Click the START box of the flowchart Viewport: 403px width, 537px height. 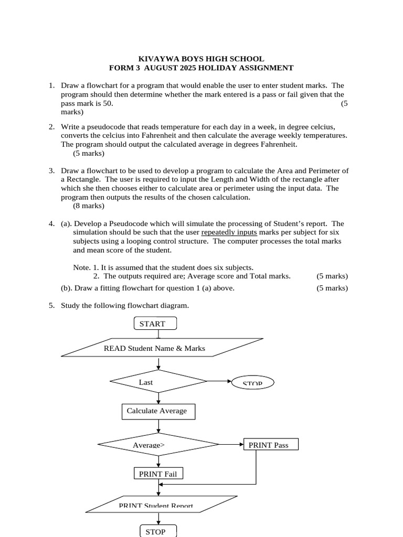[155, 324]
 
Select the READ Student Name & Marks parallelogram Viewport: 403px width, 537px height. [162, 348]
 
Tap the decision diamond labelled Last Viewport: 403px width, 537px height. [158, 382]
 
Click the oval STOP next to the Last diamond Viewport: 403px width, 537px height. [252, 383]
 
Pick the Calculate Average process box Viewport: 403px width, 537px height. [158, 411]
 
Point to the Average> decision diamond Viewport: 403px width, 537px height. [158, 445]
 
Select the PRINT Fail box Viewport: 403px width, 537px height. [158, 474]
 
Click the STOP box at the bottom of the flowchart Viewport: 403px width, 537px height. [158, 531]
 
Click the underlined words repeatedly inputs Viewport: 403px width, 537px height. [229, 232]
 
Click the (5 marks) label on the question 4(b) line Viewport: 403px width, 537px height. [332, 288]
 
